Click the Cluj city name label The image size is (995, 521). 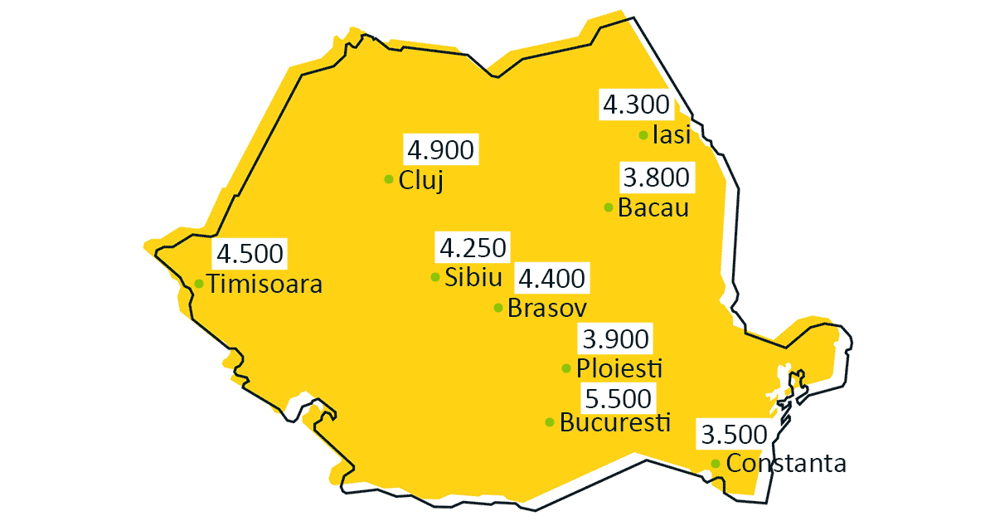[421, 180]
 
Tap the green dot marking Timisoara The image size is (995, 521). [199, 284]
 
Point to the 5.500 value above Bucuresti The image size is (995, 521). [618, 399]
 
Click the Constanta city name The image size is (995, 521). [786, 463]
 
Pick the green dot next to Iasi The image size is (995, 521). [643, 135]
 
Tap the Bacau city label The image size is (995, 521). [653, 207]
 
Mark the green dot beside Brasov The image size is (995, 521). [498, 308]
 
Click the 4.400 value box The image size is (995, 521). [551, 278]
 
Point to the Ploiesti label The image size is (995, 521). [619, 368]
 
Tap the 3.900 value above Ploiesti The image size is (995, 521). [615, 339]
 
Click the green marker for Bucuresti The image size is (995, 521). [550, 422]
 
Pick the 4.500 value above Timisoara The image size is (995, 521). [250, 253]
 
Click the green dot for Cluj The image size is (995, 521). [389, 179]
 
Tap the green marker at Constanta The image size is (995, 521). [716, 463]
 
